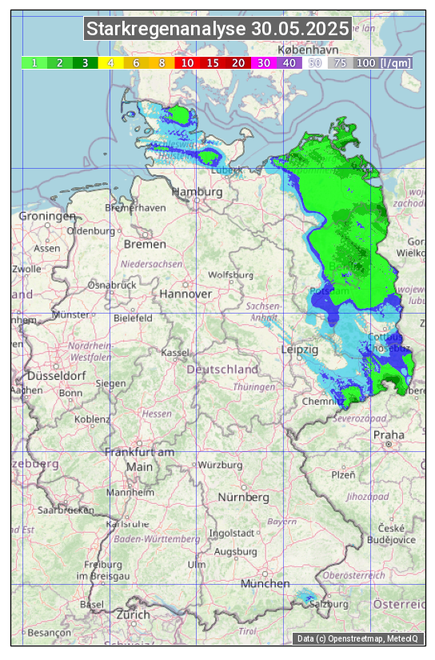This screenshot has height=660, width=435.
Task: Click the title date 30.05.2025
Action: point(300,29)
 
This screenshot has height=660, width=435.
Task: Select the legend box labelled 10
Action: point(187,62)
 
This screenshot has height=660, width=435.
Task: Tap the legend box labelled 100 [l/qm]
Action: point(384,62)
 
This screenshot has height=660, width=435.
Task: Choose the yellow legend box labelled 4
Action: point(110,62)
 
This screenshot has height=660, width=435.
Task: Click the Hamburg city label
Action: point(198,193)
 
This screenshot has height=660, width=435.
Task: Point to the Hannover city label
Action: point(186,294)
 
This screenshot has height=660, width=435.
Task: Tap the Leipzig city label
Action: point(300,350)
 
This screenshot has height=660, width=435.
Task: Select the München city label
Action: point(265,584)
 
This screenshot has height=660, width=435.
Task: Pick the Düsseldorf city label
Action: point(57,376)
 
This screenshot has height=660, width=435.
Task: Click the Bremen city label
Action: point(145,244)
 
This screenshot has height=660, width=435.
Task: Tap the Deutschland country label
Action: point(222,370)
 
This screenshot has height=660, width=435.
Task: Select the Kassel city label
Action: point(174,353)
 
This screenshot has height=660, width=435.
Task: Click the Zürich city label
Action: point(133,614)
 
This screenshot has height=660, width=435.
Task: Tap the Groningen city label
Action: point(47,217)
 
